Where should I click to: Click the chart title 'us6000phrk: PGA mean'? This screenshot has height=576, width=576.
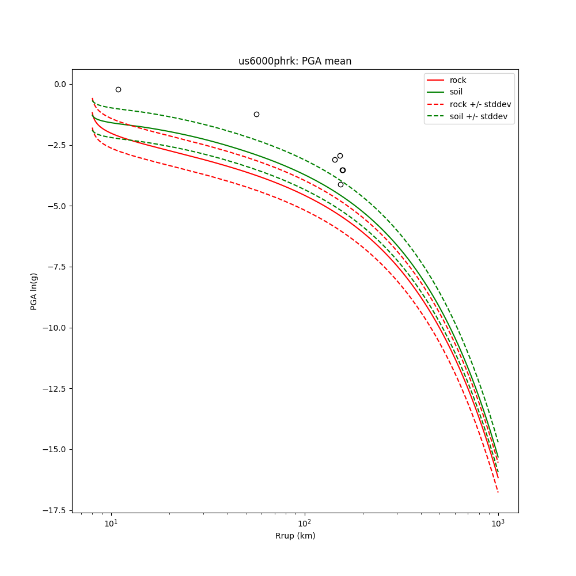coord(295,61)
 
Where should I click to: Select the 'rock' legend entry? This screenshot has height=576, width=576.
coord(458,80)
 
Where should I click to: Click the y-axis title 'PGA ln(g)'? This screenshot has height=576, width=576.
coord(33,290)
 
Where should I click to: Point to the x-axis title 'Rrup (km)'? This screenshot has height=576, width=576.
coord(295,536)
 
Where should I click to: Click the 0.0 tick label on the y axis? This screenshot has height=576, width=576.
coord(59,84)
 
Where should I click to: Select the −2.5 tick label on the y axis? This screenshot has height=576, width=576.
coord(56,145)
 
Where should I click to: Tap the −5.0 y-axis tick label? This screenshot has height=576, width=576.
coord(56,206)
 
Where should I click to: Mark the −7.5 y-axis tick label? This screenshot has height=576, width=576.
coord(56,267)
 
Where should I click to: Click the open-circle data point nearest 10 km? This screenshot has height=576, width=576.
coord(118,89)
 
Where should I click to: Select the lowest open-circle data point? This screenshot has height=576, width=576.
coord(340,184)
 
